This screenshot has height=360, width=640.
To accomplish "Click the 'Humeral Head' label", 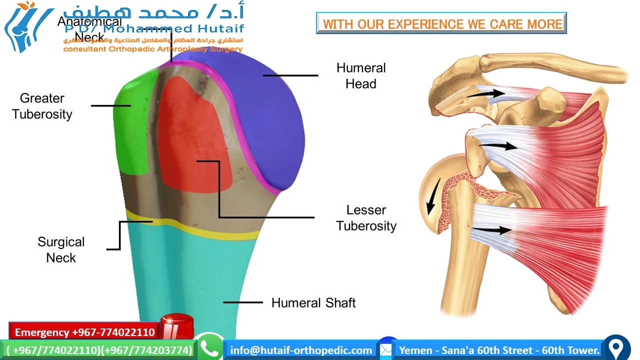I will [x=360, y=76].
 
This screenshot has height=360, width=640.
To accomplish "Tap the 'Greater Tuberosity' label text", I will [x=42, y=106].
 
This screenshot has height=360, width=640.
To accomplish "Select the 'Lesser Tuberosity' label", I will [x=366, y=218].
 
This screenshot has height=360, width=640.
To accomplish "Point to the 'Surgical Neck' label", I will [x=61, y=249].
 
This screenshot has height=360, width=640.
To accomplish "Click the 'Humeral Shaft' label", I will [x=313, y=302].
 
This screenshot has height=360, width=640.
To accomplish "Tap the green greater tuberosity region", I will [x=132, y=125].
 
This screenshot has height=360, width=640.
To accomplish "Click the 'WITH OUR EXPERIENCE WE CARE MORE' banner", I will [x=441, y=23].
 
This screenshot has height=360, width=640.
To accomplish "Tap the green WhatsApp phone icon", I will [x=209, y=348].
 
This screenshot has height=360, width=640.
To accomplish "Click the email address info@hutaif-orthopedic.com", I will [x=301, y=350].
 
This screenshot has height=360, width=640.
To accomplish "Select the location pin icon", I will [x=617, y=347].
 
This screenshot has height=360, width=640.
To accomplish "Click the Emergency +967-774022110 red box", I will [x=84, y=332].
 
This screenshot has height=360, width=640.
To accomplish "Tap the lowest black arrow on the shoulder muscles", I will [x=492, y=230].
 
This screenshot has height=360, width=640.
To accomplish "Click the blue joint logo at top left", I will [x=25, y=27].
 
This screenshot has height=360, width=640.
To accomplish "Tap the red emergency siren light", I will [x=176, y=327].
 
